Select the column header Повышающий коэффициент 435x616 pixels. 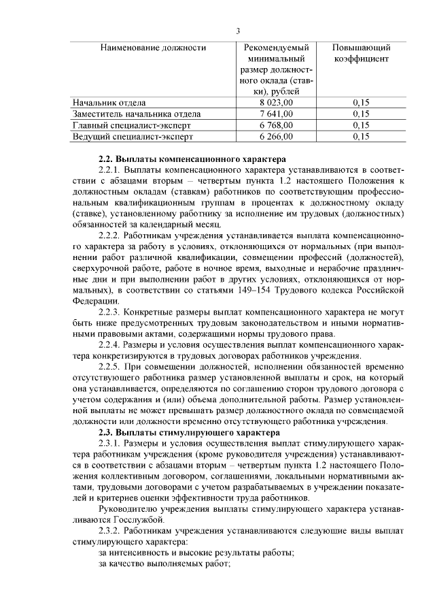361,53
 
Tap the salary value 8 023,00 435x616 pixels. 277,102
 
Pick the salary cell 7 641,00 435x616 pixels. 277,114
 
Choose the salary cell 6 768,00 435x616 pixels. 277,125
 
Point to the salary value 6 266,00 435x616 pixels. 277,137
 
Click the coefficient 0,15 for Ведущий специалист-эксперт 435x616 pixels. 361,137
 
